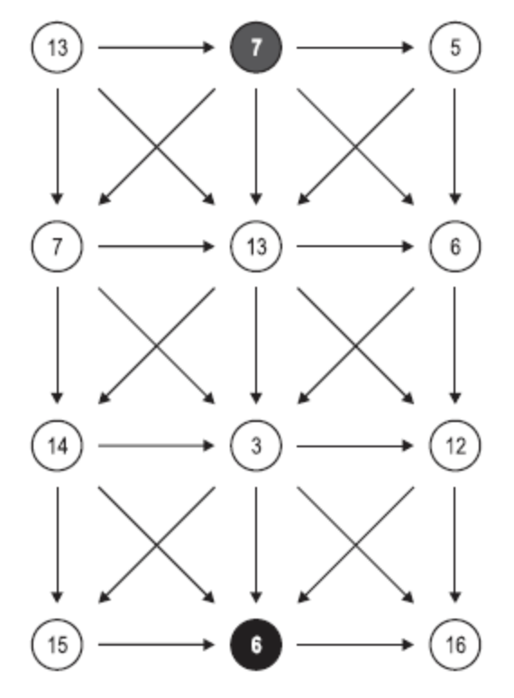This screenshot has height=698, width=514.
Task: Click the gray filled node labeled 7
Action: (x=256, y=47)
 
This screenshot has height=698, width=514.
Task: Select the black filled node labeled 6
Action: (x=256, y=644)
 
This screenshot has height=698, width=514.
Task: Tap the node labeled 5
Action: (x=454, y=47)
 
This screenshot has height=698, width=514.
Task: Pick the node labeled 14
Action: (x=57, y=445)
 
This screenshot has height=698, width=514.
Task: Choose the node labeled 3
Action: (x=256, y=445)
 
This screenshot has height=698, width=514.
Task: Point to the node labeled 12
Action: (x=454, y=445)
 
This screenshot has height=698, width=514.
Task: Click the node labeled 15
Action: (x=57, y=644)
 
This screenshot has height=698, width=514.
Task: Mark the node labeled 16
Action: (x=454, y=644)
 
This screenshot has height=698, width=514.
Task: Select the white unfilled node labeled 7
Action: (x=57, y=246)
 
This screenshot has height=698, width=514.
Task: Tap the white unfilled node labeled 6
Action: (x=454, y=246)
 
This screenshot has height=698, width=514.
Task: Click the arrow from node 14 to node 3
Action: (x=156, y=445)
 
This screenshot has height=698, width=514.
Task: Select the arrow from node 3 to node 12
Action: (x=355, y=445)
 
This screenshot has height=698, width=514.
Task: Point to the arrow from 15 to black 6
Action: (x=156, y=644)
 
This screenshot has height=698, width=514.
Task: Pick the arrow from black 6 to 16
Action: (x=355, y=644)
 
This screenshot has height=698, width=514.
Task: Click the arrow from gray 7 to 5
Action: (x=355, y=47)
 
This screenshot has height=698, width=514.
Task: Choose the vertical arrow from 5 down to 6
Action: (x=454, y=146)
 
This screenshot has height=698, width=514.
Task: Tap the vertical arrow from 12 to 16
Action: (x=454, y=545)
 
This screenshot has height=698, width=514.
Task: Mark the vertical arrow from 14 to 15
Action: (x=57, y=545)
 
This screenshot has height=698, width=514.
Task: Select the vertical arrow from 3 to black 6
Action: (x=256, y=545)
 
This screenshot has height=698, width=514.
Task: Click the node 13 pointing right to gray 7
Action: (x=57, y=47)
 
